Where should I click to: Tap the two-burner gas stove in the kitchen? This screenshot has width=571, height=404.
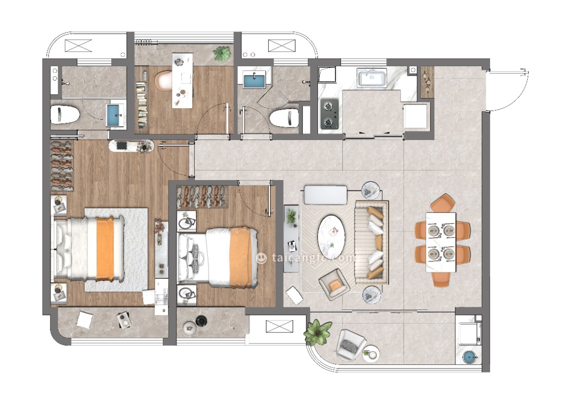pos(330,113)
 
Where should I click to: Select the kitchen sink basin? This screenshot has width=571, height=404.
pos(372,77)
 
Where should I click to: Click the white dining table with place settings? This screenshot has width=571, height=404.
pos(441,242)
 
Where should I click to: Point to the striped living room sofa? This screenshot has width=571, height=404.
pos(372,242)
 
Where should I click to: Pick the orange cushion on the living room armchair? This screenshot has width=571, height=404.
pos(335,284)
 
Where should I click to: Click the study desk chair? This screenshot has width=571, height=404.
pos(163,80)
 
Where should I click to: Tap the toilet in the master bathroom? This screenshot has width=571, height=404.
pos(65,115)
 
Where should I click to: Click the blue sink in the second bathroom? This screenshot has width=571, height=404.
pos(254,80)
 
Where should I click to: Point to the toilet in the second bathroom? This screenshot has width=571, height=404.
pos(284,118)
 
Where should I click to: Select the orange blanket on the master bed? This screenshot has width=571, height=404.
pos(105,249)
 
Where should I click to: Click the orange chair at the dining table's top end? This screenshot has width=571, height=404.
pos(443,202)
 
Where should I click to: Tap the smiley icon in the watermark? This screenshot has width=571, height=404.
pos(261,258)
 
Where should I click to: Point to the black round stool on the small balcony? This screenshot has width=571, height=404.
pos(201,320)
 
